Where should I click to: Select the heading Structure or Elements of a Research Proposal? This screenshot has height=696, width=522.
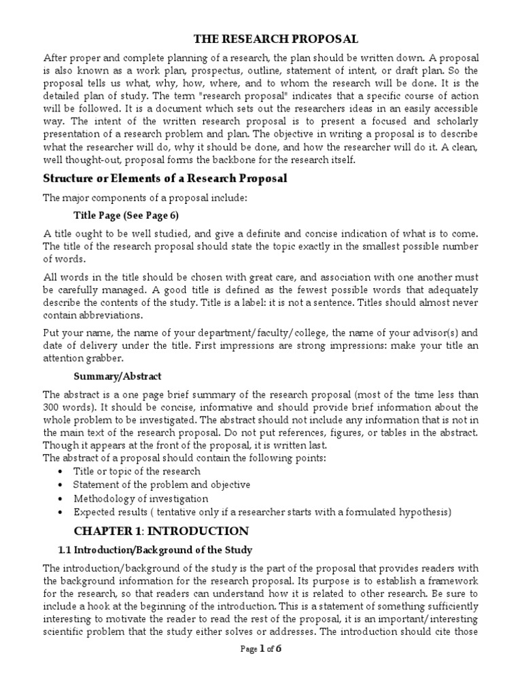pyautogui.click(x=164, y=179)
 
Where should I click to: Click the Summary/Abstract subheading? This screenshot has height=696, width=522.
pyautogui.click(x=118, y=375)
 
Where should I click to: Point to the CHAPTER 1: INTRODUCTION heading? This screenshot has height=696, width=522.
pyautogui.click(x=161, y=530)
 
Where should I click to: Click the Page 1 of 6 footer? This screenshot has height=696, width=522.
pyautogui.click(x=261, y=686)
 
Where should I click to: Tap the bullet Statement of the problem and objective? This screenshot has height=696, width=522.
pyautogui.click(x=162, y=485)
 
